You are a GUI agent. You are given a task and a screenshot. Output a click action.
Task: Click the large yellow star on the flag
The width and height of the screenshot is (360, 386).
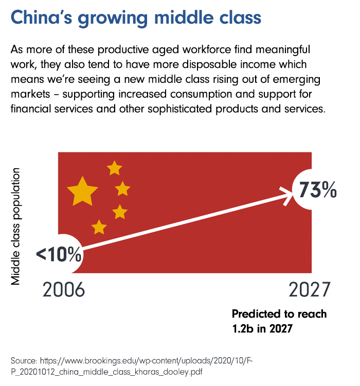point(82,190)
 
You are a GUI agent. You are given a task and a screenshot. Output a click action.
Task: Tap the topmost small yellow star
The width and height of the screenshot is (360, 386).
point(114,168)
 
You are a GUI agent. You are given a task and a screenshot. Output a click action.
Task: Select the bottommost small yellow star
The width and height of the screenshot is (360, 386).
point(99,226)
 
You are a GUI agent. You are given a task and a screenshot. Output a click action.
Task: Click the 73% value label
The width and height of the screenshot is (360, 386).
point(315,190)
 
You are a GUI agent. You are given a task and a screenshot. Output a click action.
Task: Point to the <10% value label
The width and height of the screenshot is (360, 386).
point(59,254)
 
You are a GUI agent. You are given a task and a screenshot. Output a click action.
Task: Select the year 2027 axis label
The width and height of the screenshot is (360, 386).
point(308,290)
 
